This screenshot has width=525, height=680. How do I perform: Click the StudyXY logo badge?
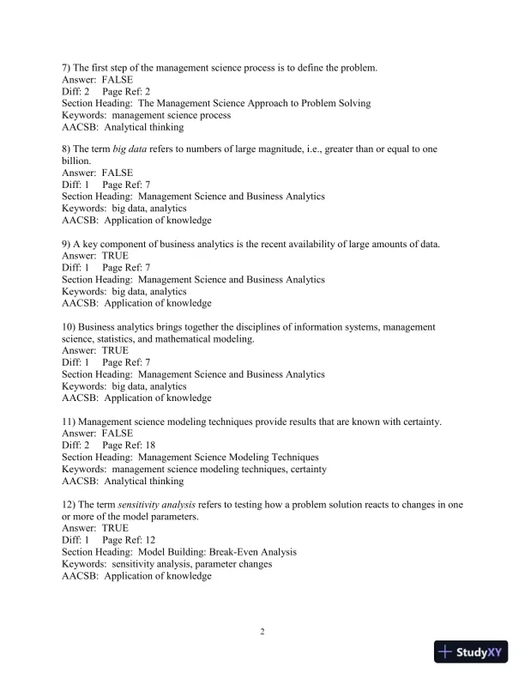(x=472, y=652)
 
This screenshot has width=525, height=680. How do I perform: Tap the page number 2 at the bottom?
(x=262, y=633)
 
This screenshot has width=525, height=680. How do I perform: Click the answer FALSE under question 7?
(x=117, y=79)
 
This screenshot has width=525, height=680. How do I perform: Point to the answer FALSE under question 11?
(x=117, y=434)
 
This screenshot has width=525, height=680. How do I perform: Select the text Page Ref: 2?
(x=126, y=91)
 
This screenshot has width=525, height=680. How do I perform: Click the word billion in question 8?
(x=77, y=161)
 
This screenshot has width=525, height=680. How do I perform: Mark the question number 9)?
(x=68, y=244)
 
